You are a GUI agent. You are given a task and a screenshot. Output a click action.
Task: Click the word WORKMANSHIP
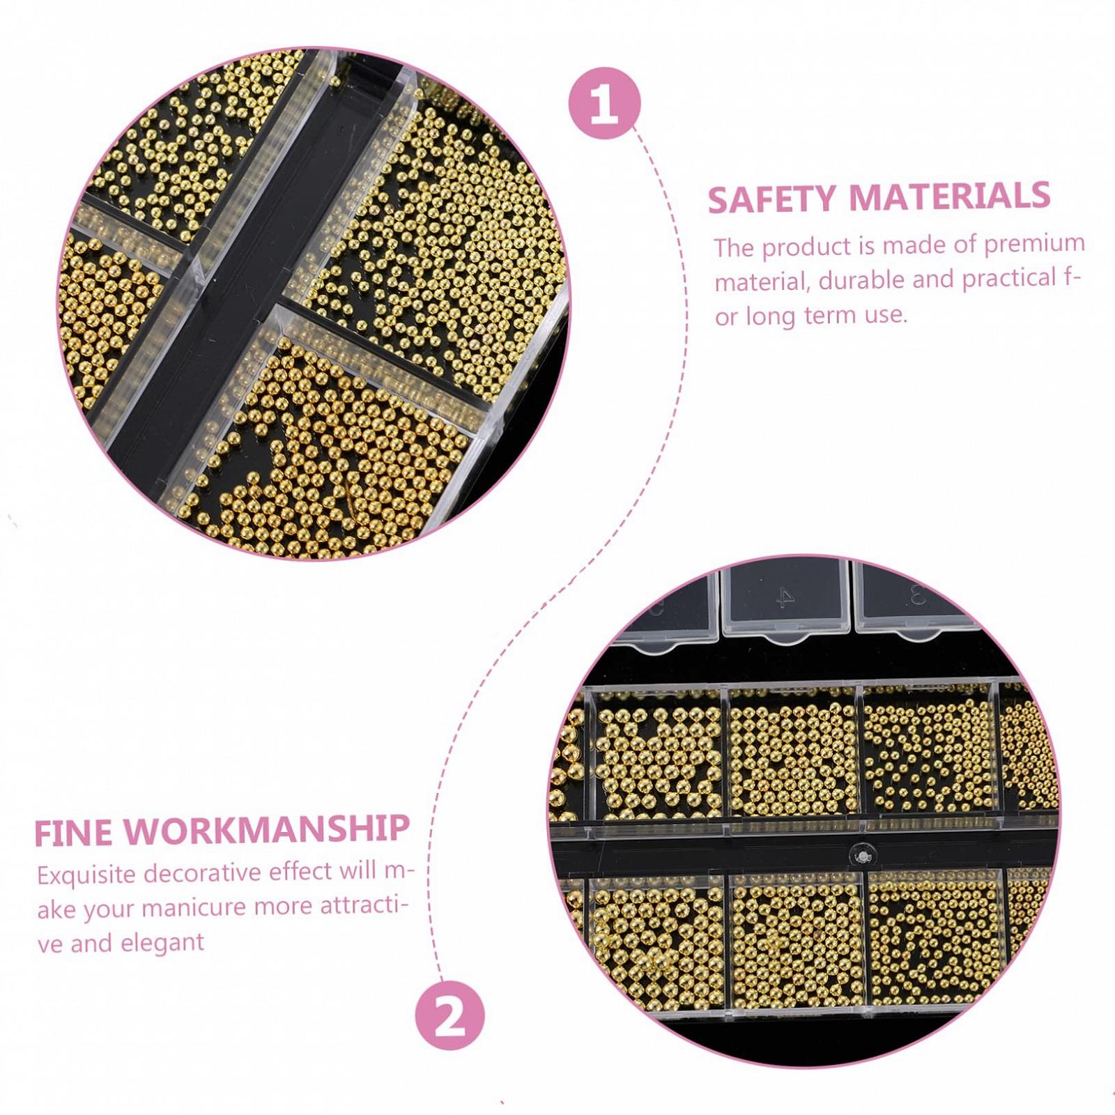pos(267,829)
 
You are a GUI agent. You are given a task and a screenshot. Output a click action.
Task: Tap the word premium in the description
pos(1034,245)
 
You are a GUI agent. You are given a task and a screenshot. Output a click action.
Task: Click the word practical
pos(1010,279)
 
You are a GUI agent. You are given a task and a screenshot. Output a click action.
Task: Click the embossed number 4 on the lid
pos(785,597)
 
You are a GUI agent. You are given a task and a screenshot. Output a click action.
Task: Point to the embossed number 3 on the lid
pos(916,597)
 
